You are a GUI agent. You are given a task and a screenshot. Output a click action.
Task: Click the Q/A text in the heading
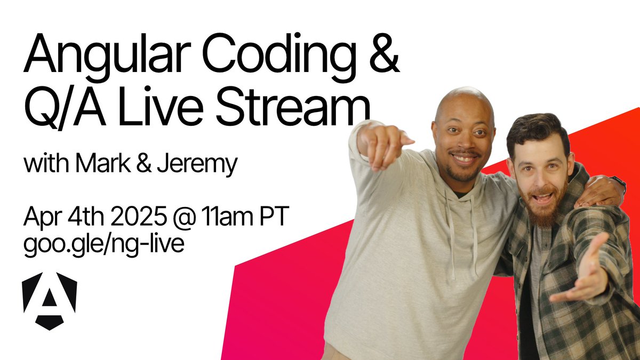coord(62,109)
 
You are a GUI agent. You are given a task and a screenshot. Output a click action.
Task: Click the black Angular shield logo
coord(50,300)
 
